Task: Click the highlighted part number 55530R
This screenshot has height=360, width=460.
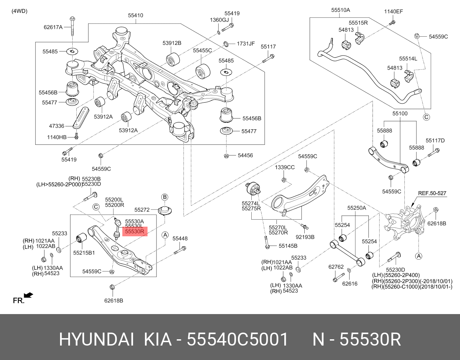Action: click(134, 232)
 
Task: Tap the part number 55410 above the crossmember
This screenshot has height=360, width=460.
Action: click(136, 16)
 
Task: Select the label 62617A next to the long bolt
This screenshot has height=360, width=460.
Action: click(53, 27)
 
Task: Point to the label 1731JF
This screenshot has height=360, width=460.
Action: click(246, 44)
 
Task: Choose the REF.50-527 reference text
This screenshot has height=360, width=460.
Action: click(432, 193)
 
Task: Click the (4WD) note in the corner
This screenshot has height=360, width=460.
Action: click(19, 11)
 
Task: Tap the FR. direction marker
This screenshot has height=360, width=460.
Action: click(19, 300)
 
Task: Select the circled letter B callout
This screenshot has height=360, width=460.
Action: click(165, 197)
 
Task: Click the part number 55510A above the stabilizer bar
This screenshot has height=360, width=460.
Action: click(340, 10)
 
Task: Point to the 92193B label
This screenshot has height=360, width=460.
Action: click(305, 237)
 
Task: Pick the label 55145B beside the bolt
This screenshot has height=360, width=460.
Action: click(288, 246)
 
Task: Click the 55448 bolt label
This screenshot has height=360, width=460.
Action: click(180, 239)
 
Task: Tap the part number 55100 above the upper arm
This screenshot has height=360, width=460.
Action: click(400, 113)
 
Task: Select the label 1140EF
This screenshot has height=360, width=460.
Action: click(393, 11)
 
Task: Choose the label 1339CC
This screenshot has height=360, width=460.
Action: click(285, 167)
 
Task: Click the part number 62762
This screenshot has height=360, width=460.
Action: click(336, 266)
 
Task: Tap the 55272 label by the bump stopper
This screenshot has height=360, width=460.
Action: click(142, 210)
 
